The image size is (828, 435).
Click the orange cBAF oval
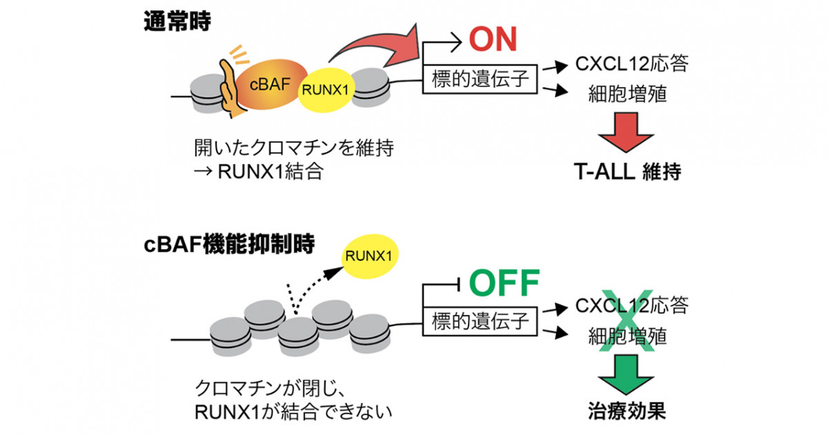pyautogui.click(x=271, y=84)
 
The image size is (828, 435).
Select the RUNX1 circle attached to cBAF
pyautogui.click(x=326, y=90)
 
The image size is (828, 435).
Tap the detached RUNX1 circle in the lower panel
pyautogui.click(x=369, y=256)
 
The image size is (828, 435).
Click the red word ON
pyautogui.click(x=493, y=39)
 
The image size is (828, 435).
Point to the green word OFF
pyautogui.click(x=504, y=283)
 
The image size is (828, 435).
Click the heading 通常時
pyautogui.click(x=177, y=21)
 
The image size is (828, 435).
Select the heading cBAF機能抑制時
pyautogui.click(x=229, y=244)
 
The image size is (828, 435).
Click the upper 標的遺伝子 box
pyautogui.click(x=480, y=79)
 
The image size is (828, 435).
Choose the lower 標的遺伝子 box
pyautogui.click(x=480, y=321)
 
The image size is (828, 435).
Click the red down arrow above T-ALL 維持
pyautogui.click(x=626, y=132)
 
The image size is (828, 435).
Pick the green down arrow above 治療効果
pyautogui.click(x=626, y=374)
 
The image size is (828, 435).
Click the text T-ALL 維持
pyautogui.click(x=627, y=172)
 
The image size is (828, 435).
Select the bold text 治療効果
pyautogui.click(x=627, y=411)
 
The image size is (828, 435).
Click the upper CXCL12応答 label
pyautogui.click(x=632, y=64)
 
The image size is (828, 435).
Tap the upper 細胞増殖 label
pyautogui.click(x=627, y=94)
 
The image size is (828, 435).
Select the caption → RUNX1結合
pyautogui.click(x=259, y=172)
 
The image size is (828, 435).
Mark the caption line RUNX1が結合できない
pyautogui.click(x=293, y=412)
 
